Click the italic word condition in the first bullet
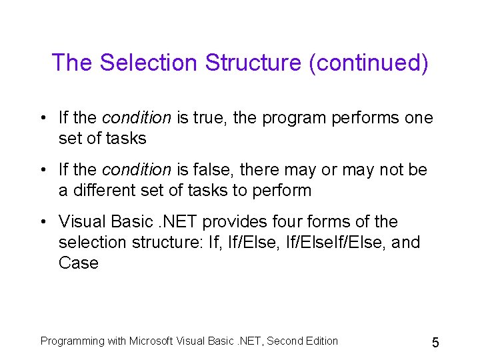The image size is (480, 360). click(x=137, y=118)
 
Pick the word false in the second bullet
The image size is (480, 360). click(x=213, y=170)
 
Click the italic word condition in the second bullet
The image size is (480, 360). click(x=137, y=170)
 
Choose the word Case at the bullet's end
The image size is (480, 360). click(x=78, y=263)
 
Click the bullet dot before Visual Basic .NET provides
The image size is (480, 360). click(x=42, y=222)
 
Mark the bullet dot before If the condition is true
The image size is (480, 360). click(x=42, y=119)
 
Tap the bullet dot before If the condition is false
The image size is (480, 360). click(x=42, y=171)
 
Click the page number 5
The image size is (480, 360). click(x=435, y=343)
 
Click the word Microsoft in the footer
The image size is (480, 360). click(x=151, y=341)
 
